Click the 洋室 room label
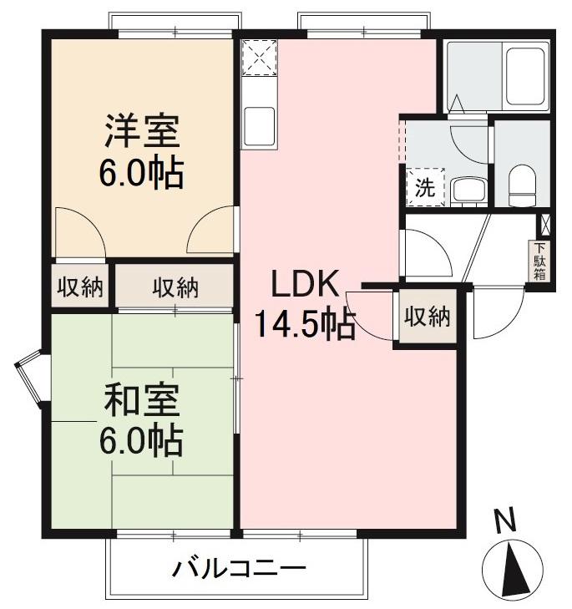coord(141,133)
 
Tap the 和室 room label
coord(141,402)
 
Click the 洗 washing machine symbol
coord(425,188)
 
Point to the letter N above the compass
coord(504,522)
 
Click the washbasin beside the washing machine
coord(465,190)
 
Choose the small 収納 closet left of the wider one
coord(79,288)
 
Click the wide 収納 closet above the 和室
coord(175,288)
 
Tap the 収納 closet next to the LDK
coord(428,317)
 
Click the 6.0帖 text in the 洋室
coord(141,172)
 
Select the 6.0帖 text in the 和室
coord(141,440)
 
